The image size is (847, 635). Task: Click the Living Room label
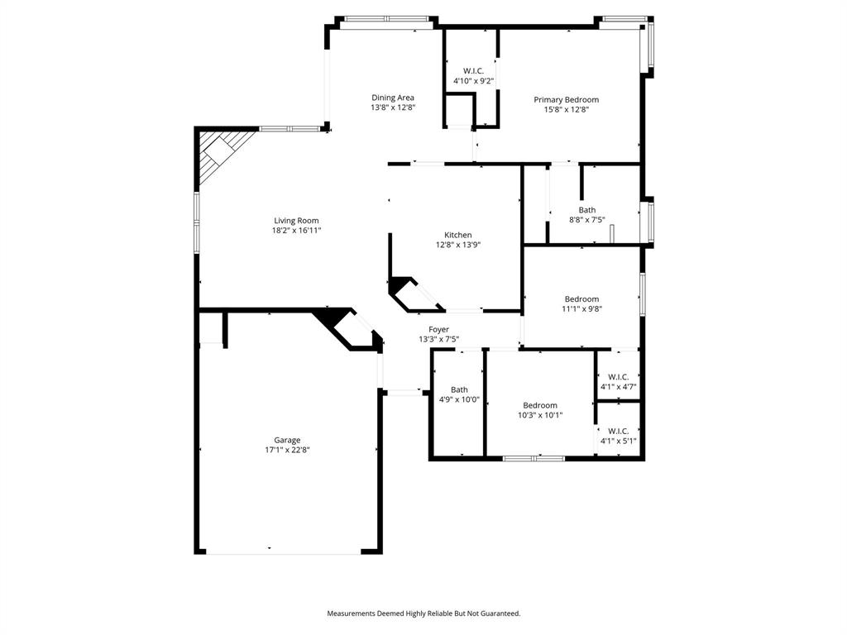[x=296, y=221]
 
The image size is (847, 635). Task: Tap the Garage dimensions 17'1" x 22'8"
[x=287, y=451]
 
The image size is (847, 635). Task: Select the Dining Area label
[x=392, y=98]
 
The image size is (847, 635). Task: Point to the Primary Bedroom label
[x=566, y=99]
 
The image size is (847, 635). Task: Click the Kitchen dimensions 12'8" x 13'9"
[x=458, y=245]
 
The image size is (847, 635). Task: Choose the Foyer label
[x=438, y=329]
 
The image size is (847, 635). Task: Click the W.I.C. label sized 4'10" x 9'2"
[x=473, y=70]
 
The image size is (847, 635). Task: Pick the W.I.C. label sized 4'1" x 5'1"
[x=618, y=431]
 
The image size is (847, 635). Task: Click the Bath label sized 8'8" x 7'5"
[x=586, y=210]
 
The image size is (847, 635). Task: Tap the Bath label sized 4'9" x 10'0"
[x=459, y=389]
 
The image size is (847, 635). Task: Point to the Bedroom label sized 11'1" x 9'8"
[x=581, y=298]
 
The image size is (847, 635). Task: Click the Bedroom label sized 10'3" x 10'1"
[x=539, y=405]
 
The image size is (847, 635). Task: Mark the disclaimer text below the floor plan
[x=423, y=614]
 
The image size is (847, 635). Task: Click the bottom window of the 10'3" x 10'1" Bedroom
[x=534, y=457]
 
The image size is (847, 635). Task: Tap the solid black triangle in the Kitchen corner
[x=400, y=285]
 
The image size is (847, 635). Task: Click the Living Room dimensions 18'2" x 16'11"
[x=296, y=231]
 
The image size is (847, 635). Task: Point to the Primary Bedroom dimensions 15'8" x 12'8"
[x=566, y=109]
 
